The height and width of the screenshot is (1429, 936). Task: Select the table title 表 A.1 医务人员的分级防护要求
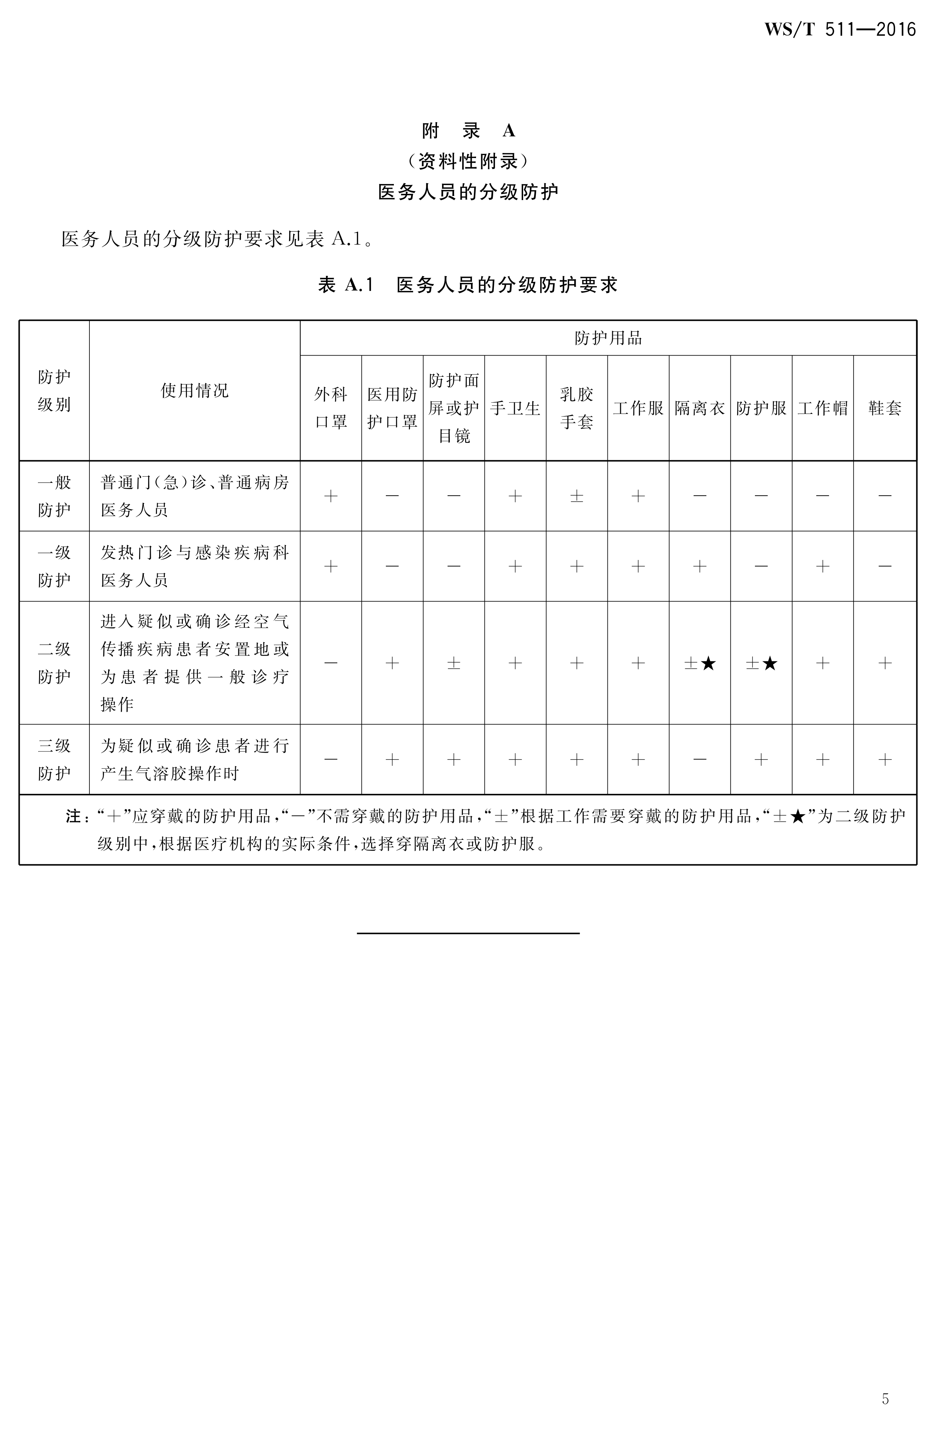(468, 285)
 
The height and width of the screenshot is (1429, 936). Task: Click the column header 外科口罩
(331, 408)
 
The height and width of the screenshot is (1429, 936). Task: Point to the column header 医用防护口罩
(392, 408)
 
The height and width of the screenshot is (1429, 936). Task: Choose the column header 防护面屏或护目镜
(454, 408)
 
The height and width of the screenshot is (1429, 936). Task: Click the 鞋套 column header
(885, 408)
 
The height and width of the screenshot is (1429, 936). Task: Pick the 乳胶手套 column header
(576, 408)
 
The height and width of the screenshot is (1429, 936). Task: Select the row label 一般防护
(54, 496)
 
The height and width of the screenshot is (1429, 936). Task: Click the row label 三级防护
(54, 760)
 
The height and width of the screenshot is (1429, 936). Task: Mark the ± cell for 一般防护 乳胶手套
(576, 496)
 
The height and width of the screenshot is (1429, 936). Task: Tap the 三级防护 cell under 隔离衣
(699, 760)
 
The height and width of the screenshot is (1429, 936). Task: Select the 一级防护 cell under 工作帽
(822, 566)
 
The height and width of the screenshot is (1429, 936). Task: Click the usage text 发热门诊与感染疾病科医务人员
(195, 566)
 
